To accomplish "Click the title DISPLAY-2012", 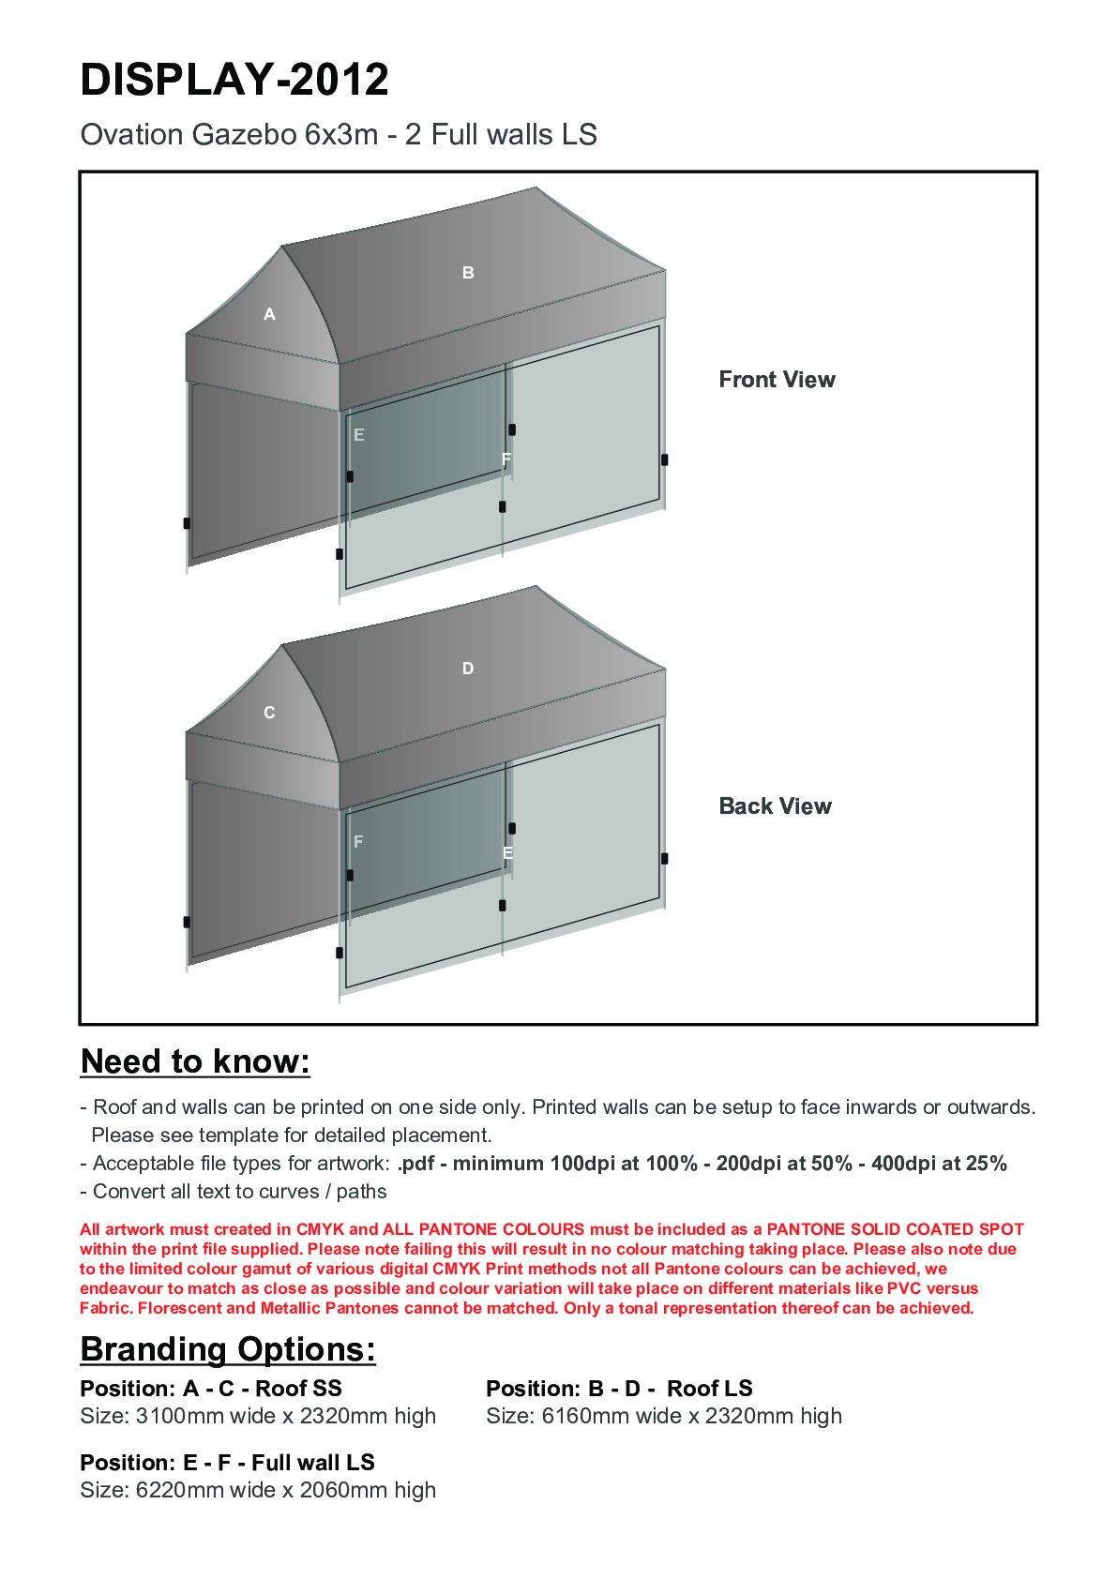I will pos(234,80).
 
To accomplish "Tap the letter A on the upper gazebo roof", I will pos(269,315).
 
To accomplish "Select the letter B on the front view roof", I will pos(468,273).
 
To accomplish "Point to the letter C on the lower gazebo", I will pos(269,713).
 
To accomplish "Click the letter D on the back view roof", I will pos(468,669).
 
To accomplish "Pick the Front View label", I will pos(777,380).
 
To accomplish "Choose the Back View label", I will pos(775,806).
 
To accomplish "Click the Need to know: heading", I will pos(195,1061).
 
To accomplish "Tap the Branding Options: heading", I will pos(228,1349).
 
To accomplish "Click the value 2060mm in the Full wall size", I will pos(343,1490).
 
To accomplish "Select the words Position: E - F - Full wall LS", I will pos(227,1463).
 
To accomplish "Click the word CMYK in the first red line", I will pos(321,1229).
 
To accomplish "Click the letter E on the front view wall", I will pos(358,435).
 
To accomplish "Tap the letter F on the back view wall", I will pos(358,842).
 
